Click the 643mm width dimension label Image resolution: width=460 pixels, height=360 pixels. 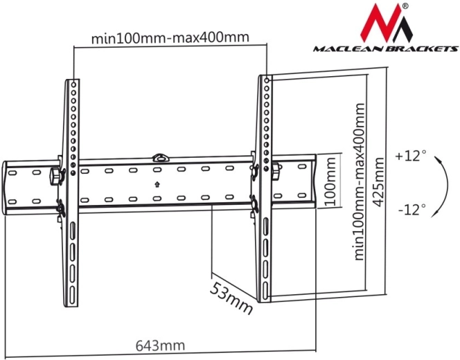pos(160,345)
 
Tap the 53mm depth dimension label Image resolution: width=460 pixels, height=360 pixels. pos(231,298)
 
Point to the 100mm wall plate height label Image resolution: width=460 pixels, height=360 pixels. pos(330,181)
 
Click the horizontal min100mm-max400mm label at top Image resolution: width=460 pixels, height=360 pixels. pos(170,37)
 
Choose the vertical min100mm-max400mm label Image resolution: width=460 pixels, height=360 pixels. pos(359,181)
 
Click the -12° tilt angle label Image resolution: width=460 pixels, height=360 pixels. pos(412,209)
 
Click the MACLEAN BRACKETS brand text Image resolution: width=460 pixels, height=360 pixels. pos(385,48)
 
